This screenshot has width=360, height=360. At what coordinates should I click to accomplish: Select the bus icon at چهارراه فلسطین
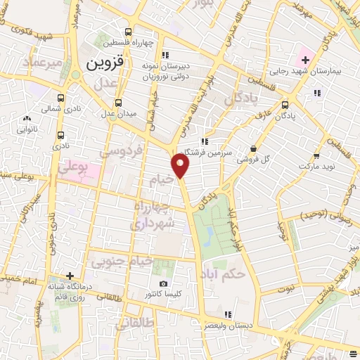coord(127,32)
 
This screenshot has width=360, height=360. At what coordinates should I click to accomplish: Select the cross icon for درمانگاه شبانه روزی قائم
coord(70,276)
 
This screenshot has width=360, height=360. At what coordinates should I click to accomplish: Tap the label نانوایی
coord(27,129)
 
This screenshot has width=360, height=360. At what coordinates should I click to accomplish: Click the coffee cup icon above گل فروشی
coord(253,147)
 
